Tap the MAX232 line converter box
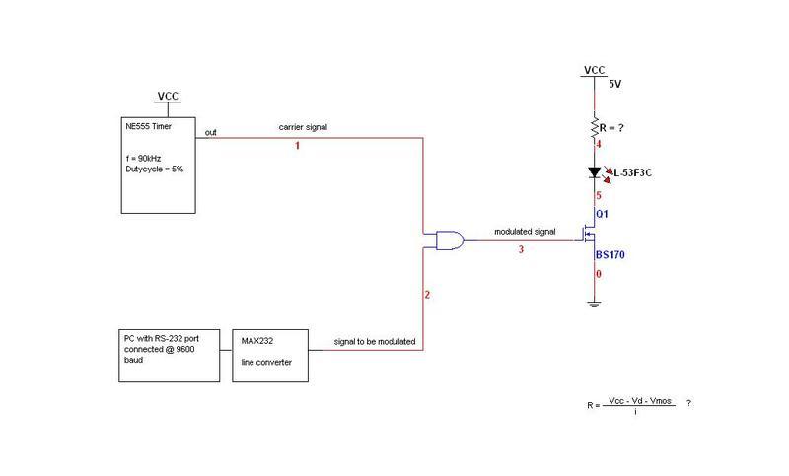point(274,356)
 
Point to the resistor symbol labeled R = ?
point(594,127)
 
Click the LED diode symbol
point(594,172)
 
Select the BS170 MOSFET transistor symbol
point(588,236)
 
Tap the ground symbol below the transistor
point(594,304)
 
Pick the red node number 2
point(427,295)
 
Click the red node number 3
point(521,250)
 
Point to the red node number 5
point(600,195)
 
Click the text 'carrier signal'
point(302,128)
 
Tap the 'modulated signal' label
point(525,232)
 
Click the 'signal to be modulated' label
point(376,342)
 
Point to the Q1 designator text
point(601,213)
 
